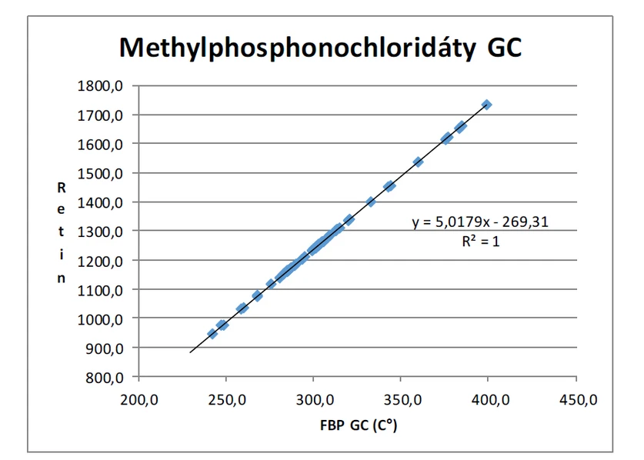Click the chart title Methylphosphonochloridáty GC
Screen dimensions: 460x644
click(320, 48)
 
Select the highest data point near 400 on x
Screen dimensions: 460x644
click(487, 105)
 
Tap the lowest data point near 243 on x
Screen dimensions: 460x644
click(212, 334)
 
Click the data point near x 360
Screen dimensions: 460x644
click(419, 162)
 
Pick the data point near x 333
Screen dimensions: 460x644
click(371, 202)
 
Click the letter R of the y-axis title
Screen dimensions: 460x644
click(62, 186)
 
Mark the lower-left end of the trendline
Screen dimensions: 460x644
click(190, 352)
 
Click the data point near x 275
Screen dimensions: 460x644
click(271, 284)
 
